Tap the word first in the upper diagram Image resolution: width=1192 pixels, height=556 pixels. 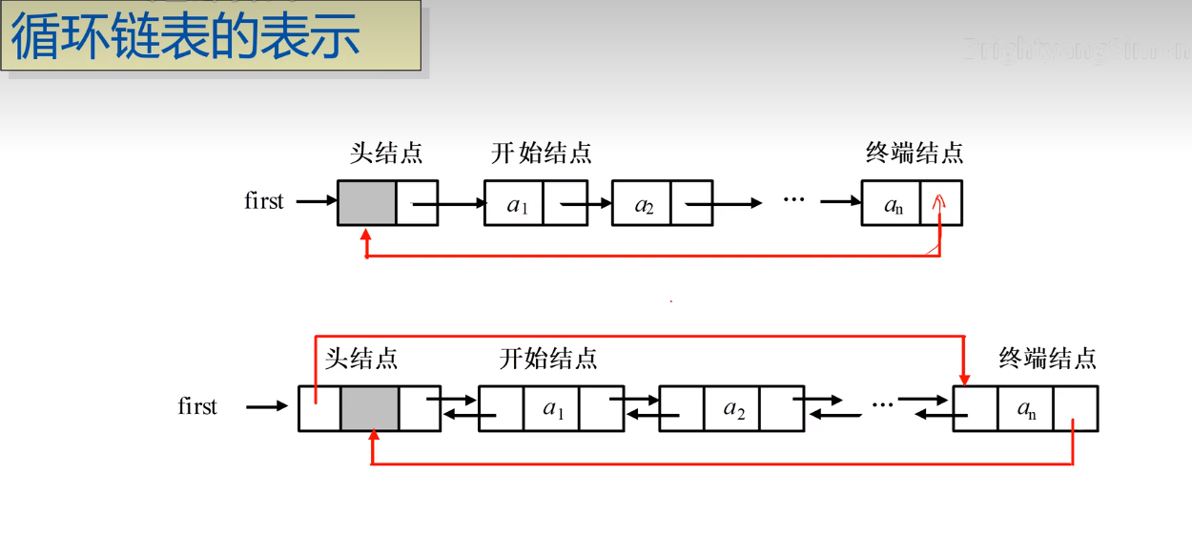pos(263,201)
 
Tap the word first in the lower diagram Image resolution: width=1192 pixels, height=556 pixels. pos(197,406)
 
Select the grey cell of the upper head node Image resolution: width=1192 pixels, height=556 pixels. pos(366,202)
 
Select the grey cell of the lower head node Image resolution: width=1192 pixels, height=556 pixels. pos(370,408)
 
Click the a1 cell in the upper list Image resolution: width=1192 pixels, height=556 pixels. pos(515,203)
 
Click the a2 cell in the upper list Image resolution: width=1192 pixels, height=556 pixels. pos(642,203)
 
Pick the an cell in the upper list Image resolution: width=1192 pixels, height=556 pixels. pos(892,203)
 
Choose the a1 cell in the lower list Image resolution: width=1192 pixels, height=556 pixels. pos(552,408)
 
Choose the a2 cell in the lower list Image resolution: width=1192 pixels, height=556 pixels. pos(732,408)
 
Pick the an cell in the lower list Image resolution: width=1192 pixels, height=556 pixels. pos(1026,408)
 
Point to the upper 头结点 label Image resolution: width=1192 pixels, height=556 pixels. pos(386,153)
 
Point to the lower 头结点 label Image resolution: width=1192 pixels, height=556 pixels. pos(361,359)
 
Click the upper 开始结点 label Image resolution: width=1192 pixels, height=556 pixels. pos(542,153)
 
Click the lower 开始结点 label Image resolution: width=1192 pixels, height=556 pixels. pos(548,359)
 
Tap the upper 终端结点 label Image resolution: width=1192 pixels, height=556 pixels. pos(915,153)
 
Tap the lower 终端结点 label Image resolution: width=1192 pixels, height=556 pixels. pos(1048,359)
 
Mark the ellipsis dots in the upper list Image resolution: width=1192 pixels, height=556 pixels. pos(793,199)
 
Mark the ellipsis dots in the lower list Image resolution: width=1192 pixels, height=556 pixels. pos(882,404)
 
